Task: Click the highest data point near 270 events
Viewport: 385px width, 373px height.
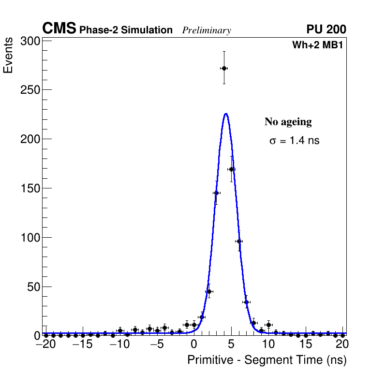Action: click(224, 68)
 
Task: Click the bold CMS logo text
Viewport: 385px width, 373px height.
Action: click(59, 29)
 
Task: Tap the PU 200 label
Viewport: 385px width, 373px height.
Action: click(326, 29)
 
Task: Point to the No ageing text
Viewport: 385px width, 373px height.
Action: click(288, 122)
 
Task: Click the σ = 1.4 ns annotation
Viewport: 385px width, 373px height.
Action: click(295, 141)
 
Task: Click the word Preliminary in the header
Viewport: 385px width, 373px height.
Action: click(207, 30)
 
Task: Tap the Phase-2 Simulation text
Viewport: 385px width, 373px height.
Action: click(126, 30)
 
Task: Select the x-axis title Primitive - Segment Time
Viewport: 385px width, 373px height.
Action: click(267, 360)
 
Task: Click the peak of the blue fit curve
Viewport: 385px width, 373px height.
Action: click(226, 114)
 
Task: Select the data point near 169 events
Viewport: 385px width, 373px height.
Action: click(231, 169)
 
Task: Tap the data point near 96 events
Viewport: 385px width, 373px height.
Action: click(238, 241)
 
